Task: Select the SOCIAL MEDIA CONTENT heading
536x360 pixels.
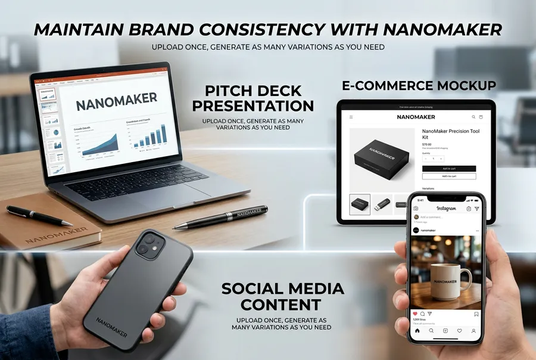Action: [282, 296]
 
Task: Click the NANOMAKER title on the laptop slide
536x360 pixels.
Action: [117, 101]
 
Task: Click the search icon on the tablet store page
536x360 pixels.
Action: [473, 117]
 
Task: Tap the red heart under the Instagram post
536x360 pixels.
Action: [415, 314]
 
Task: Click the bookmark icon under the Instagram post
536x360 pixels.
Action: [476, 314]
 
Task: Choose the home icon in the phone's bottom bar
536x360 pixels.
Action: [417, 330]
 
